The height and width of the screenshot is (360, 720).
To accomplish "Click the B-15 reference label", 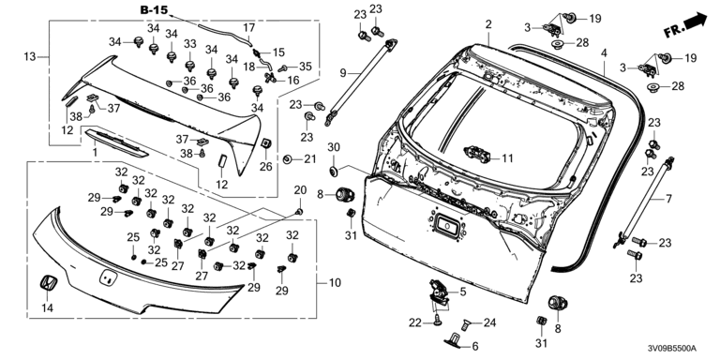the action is tap(154, 10).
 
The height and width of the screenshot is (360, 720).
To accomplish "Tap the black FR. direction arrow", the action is tap(696, 21).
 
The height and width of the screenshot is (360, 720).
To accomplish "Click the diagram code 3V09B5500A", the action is tap(673, 349).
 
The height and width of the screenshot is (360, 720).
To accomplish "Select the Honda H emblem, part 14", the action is tap(47, 283).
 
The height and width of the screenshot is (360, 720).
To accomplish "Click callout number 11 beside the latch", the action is tap(507, 158).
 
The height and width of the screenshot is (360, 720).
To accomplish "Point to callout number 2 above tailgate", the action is tap(488, 24).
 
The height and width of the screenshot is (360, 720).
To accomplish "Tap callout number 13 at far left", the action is tap(30, 57).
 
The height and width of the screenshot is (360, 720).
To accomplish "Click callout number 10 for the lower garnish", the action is tap(336, 283).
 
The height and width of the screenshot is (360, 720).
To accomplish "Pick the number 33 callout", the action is tap(190, 44).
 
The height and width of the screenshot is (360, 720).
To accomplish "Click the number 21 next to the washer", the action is tap(310, 159).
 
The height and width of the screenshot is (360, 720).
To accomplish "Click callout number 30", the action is tap(334, 147).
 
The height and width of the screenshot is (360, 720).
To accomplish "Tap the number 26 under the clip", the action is tap(266, 166).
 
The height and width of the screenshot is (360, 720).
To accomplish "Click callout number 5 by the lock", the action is tap(463, 291).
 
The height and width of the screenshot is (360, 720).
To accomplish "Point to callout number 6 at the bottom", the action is tap(474, 346).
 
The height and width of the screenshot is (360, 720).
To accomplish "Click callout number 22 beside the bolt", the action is tap(415, 323).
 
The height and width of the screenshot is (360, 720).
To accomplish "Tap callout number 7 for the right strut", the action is tap(668, 199).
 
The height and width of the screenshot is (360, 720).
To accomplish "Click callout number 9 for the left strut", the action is tap(343, 72).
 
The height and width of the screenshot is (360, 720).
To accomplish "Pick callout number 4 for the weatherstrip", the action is tap(605, 53).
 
